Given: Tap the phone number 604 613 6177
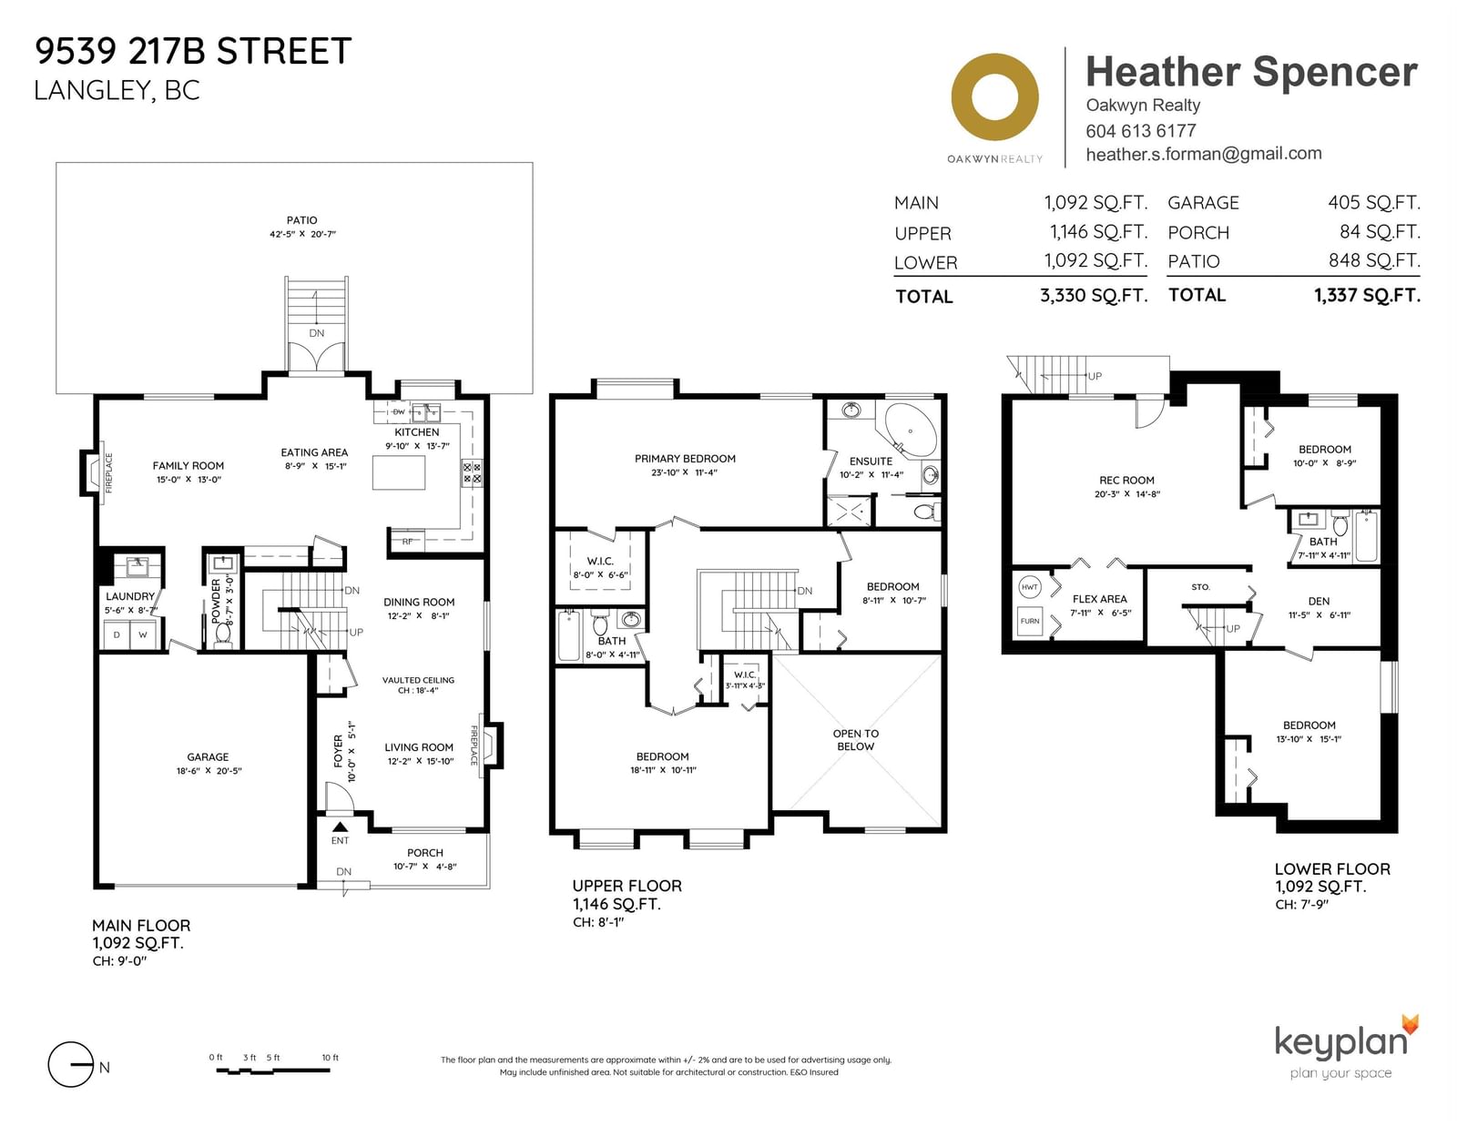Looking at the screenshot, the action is click(x=1140, y=131).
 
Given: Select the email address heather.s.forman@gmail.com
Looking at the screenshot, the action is click(x=1204, y=154).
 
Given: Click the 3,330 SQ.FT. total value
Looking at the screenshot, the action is click(x=1094, y=296).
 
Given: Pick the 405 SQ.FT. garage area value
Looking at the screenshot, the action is click(x=1374, y=202).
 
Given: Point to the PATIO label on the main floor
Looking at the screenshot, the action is click(x=301, y=220).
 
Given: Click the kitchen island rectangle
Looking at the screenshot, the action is click(x=399, y=472).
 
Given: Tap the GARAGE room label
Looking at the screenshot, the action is click(x=208, y=756).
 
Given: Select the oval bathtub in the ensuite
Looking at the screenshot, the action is click(x=912, y=430).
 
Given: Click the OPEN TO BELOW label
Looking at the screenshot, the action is click(x=856, y=740).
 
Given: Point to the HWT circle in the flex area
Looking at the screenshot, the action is click(x=1029, y=587).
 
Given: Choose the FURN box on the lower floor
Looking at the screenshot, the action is click(x=1030, y=621).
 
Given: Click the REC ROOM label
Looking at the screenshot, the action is click(x=1126, y=480).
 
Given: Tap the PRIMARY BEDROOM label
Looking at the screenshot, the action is click(x=686, y=459).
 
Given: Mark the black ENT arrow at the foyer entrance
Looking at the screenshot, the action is click(x=340, y=827).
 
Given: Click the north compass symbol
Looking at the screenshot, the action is click(x=70, y=1064).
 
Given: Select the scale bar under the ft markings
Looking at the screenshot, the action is click(x=273, y=1071).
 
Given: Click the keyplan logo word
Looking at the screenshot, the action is click(x=1341, y=1043).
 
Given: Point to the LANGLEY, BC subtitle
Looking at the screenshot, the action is click(x=117, y=90).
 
